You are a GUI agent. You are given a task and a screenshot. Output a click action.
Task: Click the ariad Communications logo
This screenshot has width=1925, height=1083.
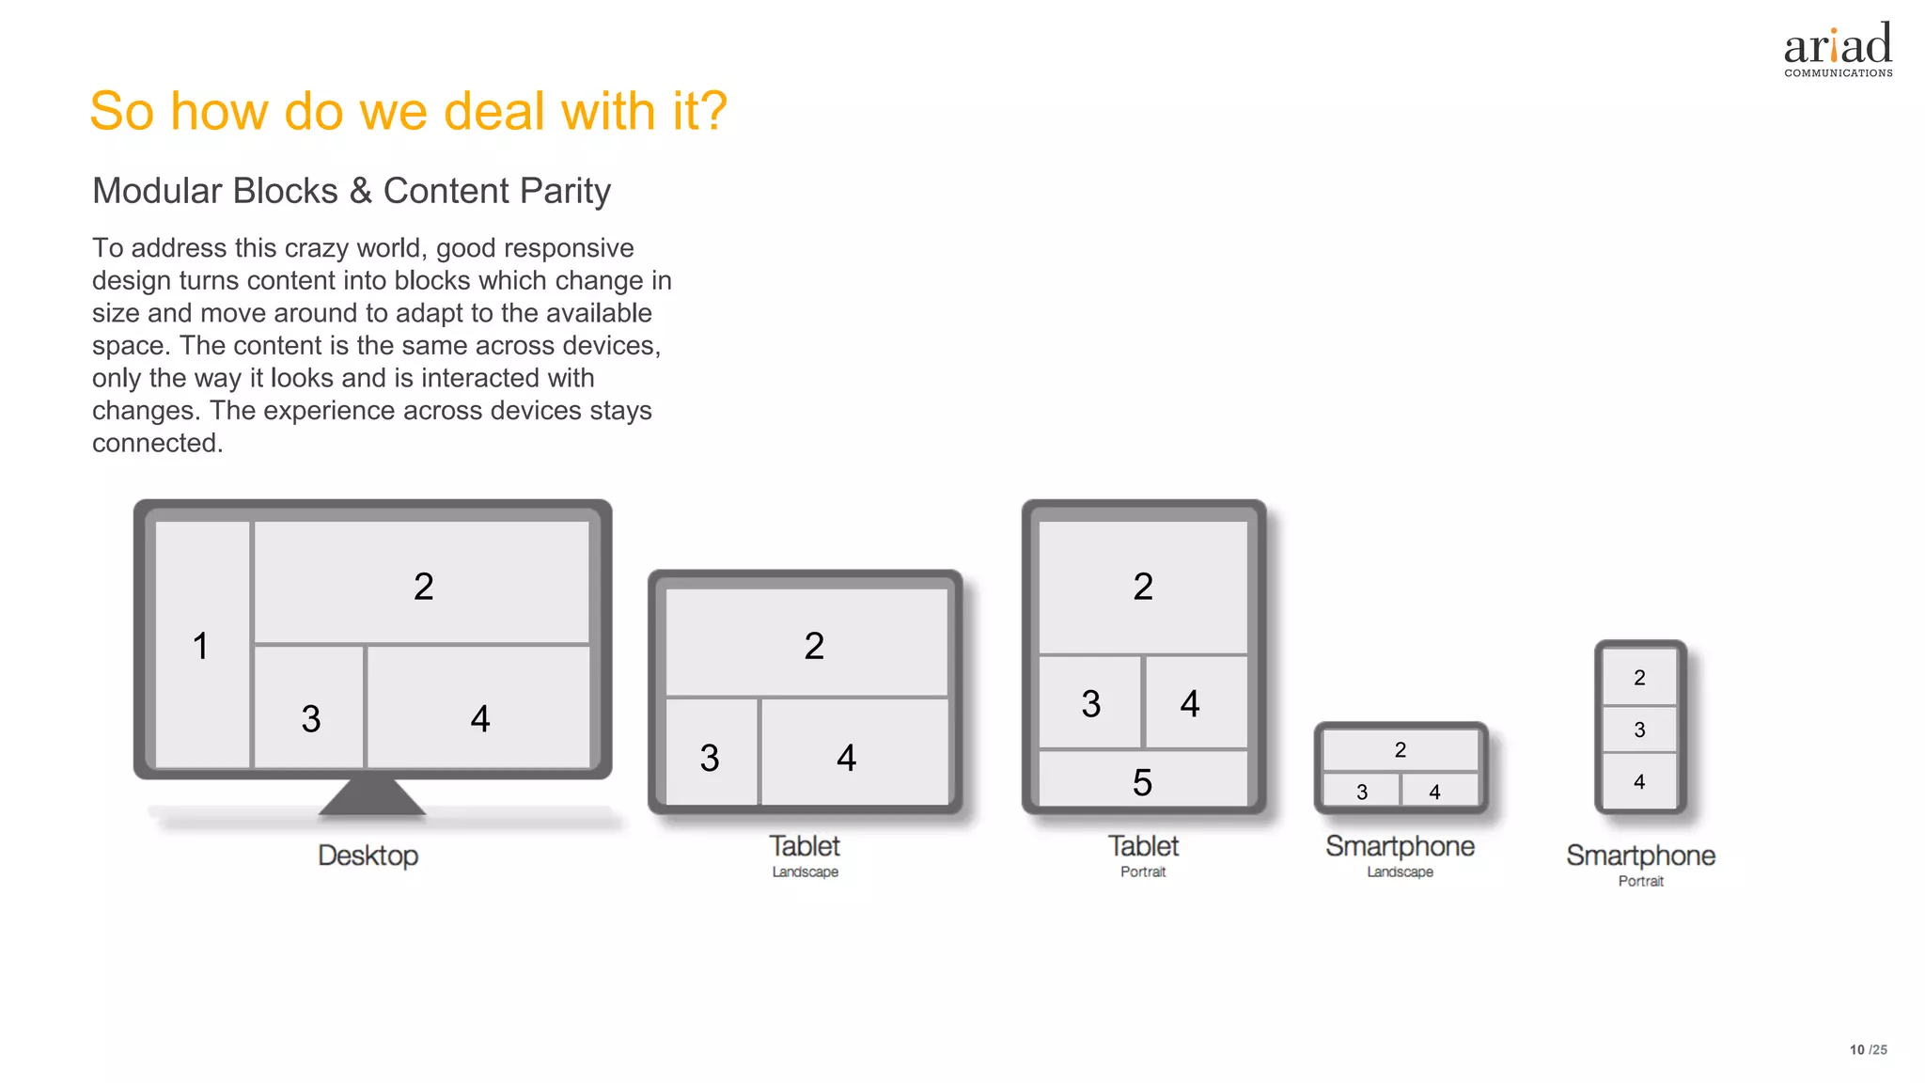pyautogui.click(x=1838, y=50)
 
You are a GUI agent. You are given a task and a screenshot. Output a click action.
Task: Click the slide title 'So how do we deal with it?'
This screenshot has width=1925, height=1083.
pyautogui.click(x=408, y=111)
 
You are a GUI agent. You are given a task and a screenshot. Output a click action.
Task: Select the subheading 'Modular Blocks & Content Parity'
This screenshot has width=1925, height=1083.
pyautogui.click(x=352, y=191)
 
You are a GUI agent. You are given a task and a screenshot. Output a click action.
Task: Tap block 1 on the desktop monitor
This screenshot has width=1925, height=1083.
pyautogui.click(x=202, y=645)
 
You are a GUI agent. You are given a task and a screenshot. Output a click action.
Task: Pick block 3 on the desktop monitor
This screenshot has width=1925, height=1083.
pyautogui.click(x=309, y=707)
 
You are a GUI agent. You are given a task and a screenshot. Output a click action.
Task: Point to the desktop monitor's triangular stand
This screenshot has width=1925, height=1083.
pyautogui.click(x=372, y=795)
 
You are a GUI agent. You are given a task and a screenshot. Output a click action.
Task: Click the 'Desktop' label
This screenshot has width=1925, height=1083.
pyautogui.click(x=368, y=855)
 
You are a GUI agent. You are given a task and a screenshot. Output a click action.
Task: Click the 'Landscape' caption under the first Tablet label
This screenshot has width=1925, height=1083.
pyautogui.click(x=805, y=872)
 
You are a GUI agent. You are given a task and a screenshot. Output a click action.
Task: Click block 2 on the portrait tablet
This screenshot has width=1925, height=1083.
pyautogui.click(x=1143, y=587)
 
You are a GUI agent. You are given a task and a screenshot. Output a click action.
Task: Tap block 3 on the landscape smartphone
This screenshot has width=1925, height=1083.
pyautogui.click(x=1361, y=791)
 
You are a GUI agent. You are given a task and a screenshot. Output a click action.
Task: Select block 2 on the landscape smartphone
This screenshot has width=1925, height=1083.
pyautogui.click(x=1400, y=750)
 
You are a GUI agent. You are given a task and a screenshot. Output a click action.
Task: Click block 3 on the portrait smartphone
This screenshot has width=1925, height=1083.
pyautogui.click(x=1639, y=730)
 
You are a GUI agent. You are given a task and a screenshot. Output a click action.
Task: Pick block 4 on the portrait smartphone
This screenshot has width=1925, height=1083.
pyautogui.click(x=1639, y=781)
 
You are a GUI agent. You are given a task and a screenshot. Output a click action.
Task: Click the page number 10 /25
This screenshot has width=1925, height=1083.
pyautogui.click(x=1868, y=1050)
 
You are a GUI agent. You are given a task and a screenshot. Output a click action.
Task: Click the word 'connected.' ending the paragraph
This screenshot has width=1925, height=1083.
pyautogui.click(x=158, y=443)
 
